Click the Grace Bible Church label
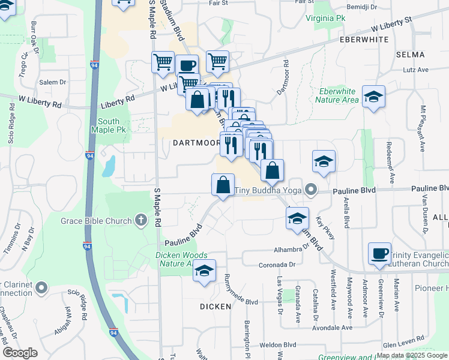point(96,221)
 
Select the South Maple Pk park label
point(112,125)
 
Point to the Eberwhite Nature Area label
point(337,96)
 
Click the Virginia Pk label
point(327,19)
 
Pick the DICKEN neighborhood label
point(215,307)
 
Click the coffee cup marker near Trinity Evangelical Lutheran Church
point(379,253)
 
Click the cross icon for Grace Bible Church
point(141,220)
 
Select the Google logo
point(20,353)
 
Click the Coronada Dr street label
point(277,264)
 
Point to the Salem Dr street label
point(52,82)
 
